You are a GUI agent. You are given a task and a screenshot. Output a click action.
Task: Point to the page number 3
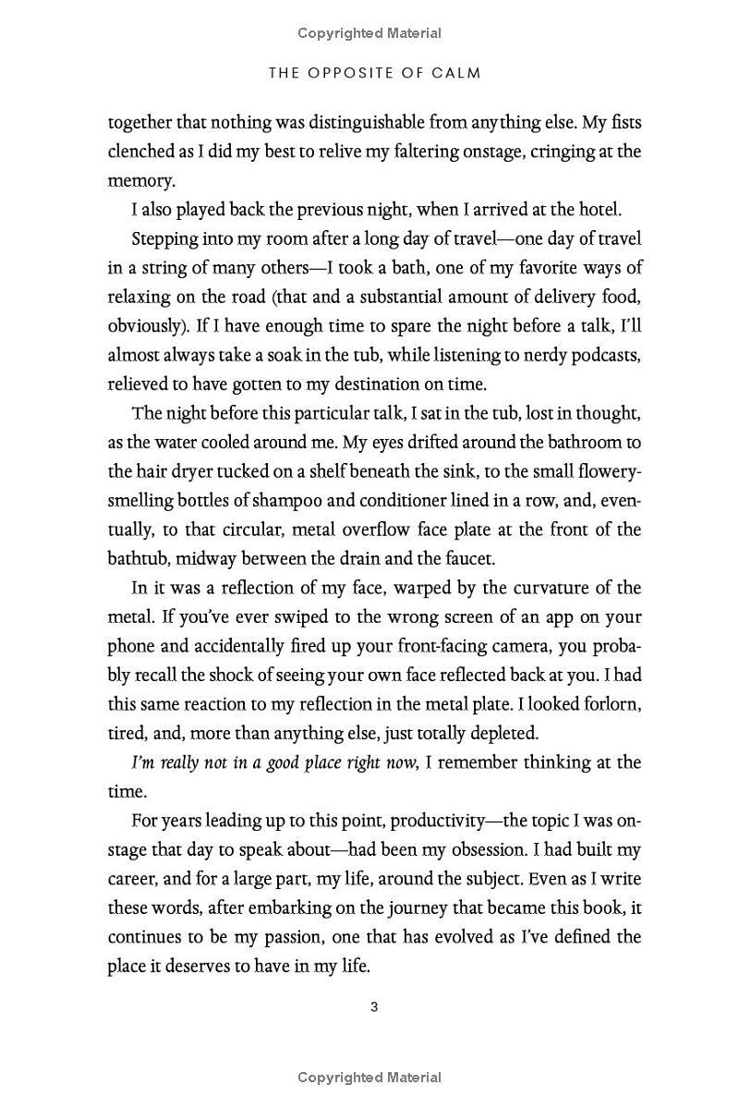pyautogui.click(x=374, y=1007)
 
